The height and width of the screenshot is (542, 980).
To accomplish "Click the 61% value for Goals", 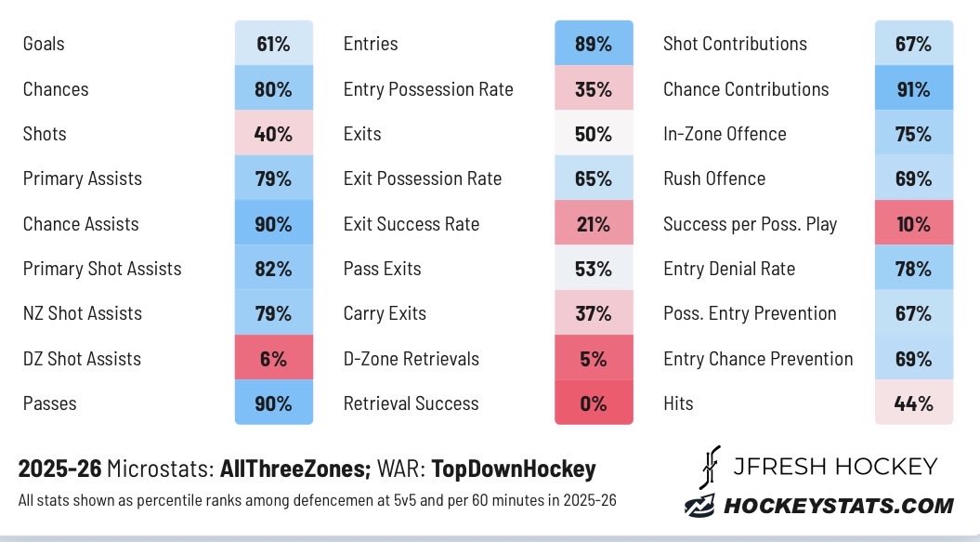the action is pos(274,43).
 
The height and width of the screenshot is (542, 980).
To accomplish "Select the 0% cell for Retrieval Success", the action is pos(594,403).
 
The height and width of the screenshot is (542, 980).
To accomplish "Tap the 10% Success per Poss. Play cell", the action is pos(914,223).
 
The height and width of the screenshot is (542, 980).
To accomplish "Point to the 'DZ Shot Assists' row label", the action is pos(82,359).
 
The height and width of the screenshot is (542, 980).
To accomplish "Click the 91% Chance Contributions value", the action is pos(914,89).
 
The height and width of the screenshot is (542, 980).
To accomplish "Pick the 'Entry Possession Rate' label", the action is pos(428,89).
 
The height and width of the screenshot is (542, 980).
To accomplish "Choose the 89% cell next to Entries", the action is pos(594,43).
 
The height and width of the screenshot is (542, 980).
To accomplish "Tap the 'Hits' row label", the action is pos(678,403).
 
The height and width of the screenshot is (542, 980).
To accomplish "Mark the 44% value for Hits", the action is pos(914,403).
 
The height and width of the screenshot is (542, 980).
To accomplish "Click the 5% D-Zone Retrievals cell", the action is pos(594,358).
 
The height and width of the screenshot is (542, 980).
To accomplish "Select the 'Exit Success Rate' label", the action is pos(412,223).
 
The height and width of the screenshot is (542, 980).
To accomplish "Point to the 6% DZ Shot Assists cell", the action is pos(274,358).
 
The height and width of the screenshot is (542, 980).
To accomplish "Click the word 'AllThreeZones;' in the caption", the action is pos(295,469).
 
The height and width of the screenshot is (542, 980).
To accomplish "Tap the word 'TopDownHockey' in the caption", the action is pos(514,469).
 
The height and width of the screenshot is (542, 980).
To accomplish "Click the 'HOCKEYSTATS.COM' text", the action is pos(838,506).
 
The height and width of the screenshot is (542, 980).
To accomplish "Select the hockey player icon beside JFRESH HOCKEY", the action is pos(710,467).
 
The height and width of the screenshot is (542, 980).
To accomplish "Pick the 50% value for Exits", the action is pos(594,133).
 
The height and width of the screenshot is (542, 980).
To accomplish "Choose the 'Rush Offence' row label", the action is pos(714,178).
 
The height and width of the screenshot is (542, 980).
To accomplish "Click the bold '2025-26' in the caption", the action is pos(59,469).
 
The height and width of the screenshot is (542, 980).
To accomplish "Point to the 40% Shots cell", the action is pos(274,133).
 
